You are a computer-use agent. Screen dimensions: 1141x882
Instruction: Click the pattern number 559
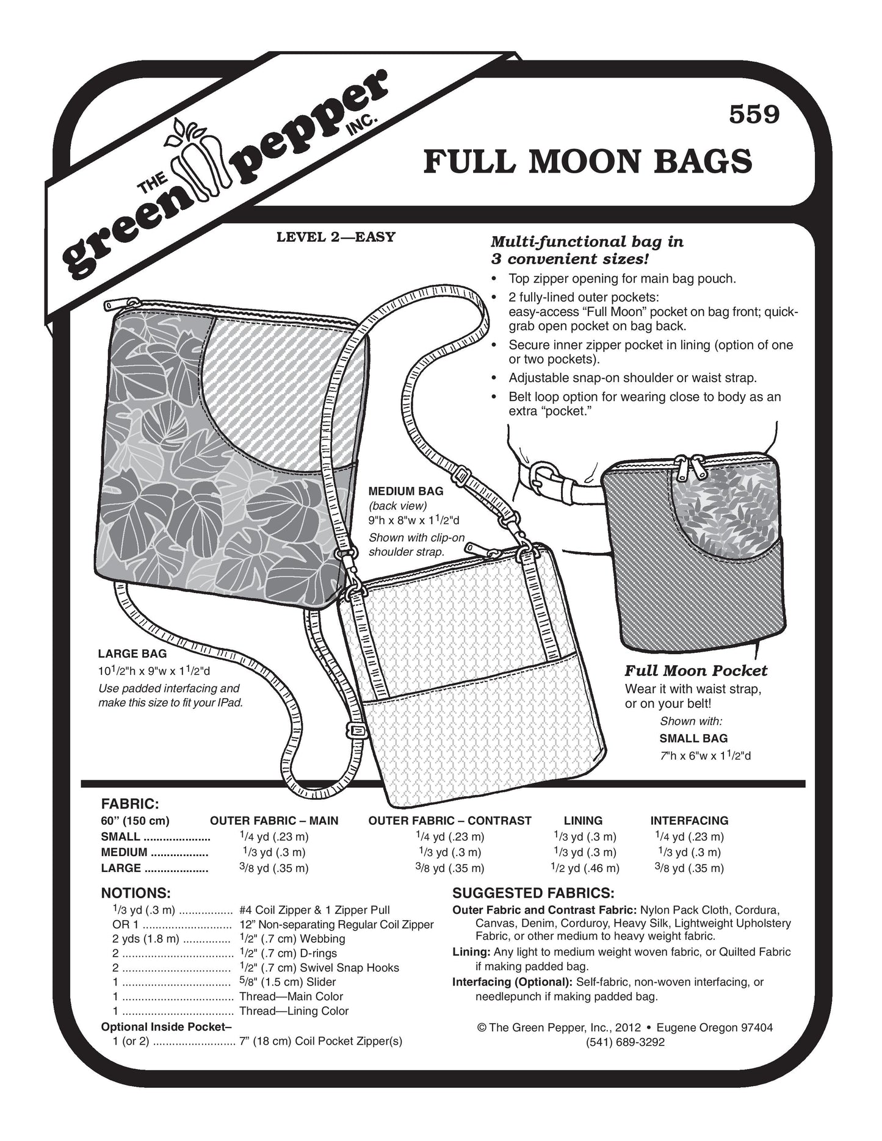(754, 114)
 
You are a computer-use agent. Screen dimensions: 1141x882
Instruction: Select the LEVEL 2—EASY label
(336, 237)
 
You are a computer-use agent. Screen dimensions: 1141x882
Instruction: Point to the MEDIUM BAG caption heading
(406, 491)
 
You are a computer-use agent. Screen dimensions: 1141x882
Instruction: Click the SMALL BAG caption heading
(693, 738)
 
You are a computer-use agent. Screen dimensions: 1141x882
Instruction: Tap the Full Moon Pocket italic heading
(695, 671)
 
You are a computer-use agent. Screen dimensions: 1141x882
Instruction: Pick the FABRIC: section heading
(130, 804)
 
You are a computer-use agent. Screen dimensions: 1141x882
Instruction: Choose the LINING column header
(583, 821)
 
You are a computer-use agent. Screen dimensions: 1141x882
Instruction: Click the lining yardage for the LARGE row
(586, 868)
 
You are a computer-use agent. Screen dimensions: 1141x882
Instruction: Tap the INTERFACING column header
(689, 821)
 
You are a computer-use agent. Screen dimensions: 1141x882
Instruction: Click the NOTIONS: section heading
(136, 893)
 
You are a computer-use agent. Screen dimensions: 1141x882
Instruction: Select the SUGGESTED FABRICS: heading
(533, 893)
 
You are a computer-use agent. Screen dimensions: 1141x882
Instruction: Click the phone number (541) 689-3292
(625, 1042)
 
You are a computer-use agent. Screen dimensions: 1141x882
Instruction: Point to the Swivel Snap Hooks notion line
(319, 968)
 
